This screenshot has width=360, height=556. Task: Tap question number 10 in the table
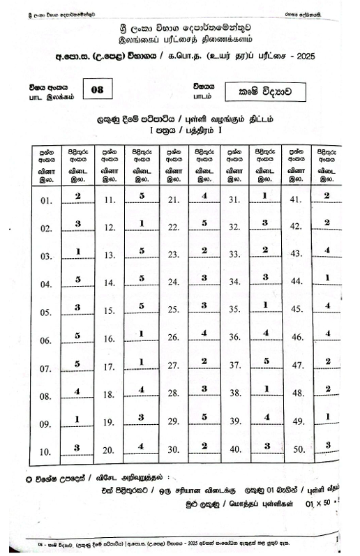click(x=46, y=451)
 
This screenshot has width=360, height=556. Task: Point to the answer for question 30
click(x=204, y=446)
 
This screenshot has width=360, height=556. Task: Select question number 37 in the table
click(x=235, y=366)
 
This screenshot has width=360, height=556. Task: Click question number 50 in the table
click(x=296, y=450)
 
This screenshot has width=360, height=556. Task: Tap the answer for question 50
click(x=327, y=445)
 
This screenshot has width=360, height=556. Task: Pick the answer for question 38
click(x=266, y=390)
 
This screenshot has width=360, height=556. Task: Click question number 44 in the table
click(x=296, y=283)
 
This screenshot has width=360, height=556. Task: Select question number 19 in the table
click(x=109, y=423)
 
